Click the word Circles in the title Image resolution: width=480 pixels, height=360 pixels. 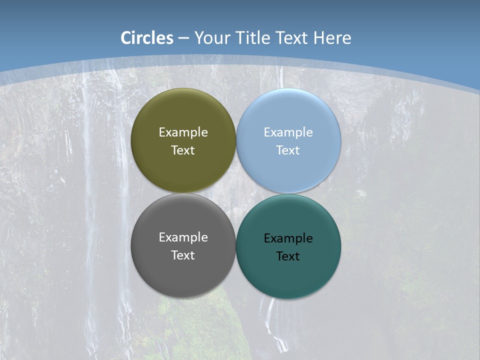(x=147, y=38)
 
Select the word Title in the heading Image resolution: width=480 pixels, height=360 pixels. (x=253, y=38)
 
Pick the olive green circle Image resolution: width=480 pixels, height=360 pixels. (x=183, y=110)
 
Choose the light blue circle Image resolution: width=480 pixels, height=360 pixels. (x=288, y=110)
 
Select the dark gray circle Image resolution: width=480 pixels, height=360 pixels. (x=183, y=275)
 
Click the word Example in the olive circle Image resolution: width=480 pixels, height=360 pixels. (x=183, y=132)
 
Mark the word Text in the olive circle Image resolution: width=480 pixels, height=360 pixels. (x=183, y=150)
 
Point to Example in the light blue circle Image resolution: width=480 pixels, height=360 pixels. (x=288, y=132)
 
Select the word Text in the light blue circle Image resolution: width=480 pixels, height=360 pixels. (x=288, y=150)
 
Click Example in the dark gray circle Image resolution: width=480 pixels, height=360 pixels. (x=183, y=237)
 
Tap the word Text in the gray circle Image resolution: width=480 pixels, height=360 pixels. (x=183, y=255)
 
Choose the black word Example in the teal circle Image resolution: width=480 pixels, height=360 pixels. (x=288, y=238)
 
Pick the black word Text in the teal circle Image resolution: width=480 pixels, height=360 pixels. (x=288, y=256)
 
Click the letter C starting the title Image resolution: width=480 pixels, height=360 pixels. (x=126, y=38)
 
